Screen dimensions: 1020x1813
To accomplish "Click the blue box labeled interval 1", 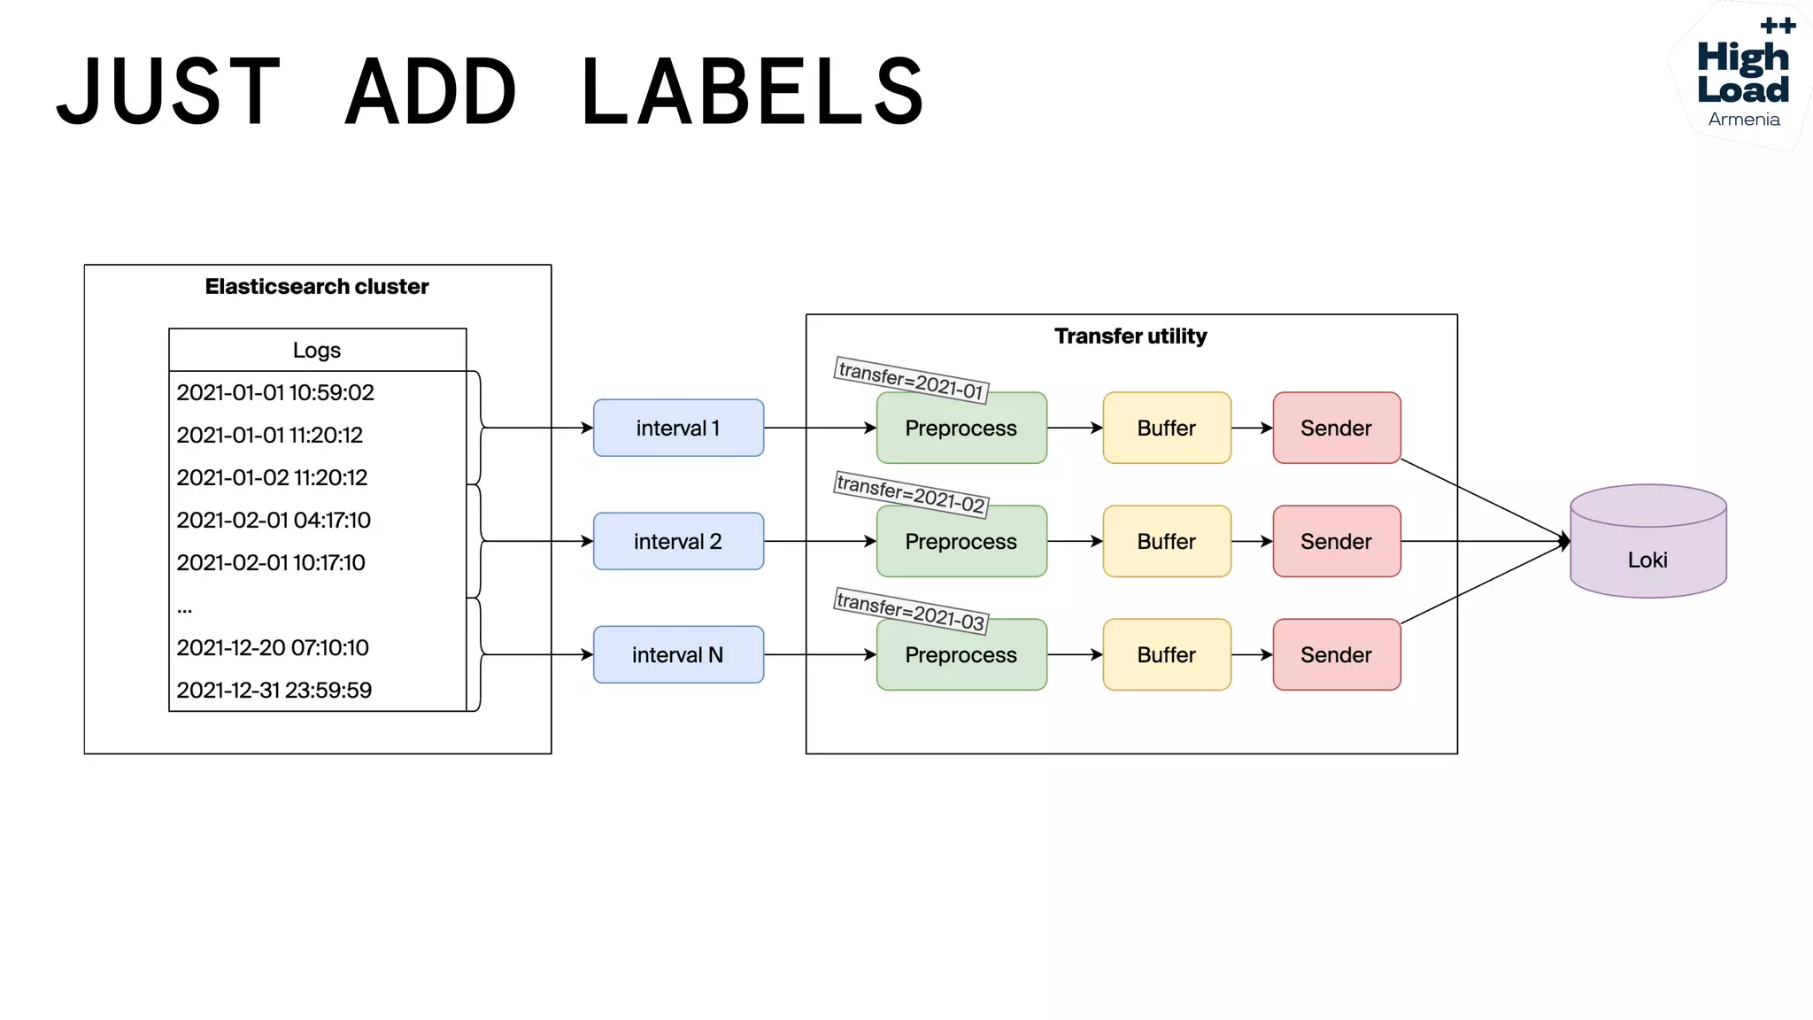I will click(678, 428).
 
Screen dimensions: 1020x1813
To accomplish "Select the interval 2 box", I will click(678, 541).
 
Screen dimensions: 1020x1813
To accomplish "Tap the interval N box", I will click(678, 654).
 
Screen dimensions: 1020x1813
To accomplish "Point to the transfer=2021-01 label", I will click(911, 380).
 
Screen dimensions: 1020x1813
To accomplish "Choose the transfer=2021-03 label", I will click(911, 611).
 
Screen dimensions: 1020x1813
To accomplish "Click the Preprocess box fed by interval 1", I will click(961, 428).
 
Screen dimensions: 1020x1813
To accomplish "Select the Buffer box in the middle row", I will click(1167, 541).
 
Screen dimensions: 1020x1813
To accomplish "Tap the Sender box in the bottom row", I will click(1337, 654).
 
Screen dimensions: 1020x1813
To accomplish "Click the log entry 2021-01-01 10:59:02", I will click(275, 392).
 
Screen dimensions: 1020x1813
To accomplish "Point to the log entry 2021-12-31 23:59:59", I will click(274, 690).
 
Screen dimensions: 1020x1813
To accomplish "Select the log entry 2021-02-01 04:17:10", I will click(274, 520).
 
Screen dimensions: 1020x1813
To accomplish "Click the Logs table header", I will click(317, 350).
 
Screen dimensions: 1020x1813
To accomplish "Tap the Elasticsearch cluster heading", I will click(317, 287).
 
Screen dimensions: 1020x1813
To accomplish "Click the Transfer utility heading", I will click(1130, 336).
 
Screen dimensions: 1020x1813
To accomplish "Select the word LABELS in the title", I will click(753, 91).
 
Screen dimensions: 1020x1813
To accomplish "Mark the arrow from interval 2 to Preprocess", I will click(820, 541).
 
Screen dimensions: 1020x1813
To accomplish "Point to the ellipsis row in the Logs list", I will click(185, 607).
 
